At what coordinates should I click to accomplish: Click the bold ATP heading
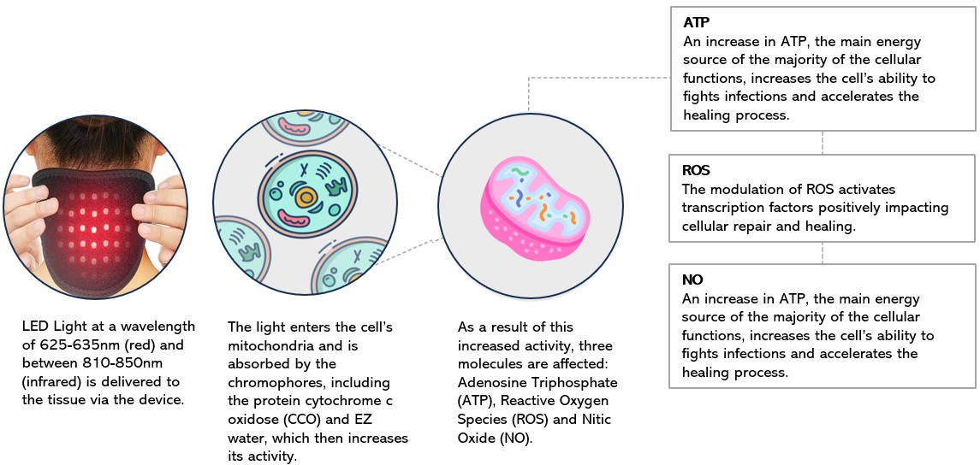697,24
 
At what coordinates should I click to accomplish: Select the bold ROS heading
697,170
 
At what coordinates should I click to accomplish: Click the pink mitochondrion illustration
535,205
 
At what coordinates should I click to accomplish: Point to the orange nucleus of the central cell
305,198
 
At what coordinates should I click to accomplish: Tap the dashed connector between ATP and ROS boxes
822,143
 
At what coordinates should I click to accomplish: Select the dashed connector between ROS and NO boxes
822,253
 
